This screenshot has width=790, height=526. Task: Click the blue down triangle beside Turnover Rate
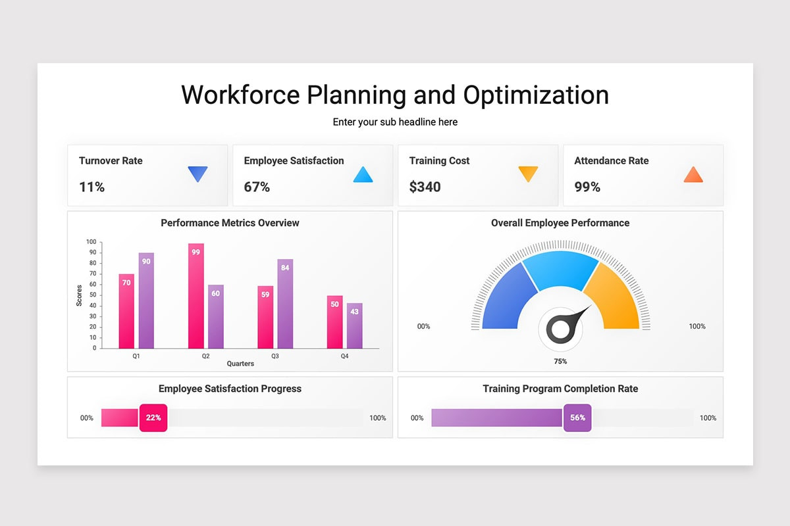point(197,174)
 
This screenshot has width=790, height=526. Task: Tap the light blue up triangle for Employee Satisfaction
point(363,175)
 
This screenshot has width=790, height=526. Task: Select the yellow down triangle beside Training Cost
point(528,174)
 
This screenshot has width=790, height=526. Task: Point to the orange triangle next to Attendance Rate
point(693,175)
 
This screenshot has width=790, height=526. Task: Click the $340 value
point(425,187)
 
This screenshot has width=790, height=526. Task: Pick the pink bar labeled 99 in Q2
point(196,296)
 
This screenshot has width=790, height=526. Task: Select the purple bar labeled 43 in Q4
point(354,326)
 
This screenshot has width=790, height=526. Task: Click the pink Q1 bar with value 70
point(126,312)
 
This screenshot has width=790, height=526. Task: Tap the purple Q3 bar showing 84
point(285,304)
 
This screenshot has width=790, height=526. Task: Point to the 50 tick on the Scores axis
point(93,295)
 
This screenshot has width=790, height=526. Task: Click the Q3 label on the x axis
point(275,356)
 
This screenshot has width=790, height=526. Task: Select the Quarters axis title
point(240,364)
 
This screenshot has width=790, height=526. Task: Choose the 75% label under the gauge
point(560,362)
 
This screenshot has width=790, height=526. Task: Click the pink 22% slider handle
point(153,418)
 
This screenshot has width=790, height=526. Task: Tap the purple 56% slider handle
point(577,418)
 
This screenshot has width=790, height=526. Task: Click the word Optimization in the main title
point(536,95)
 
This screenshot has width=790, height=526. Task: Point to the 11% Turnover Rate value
point(92,187)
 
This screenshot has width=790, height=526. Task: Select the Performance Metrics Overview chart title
point(230,223)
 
